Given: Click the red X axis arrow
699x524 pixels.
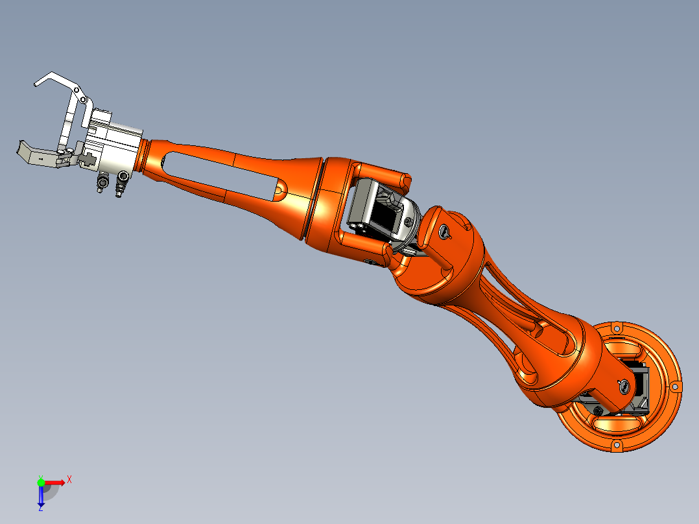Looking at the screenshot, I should pos(55,482).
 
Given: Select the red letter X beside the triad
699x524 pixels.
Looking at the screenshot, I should pos(69,479).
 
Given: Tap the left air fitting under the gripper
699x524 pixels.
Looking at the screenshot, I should pos(102,184).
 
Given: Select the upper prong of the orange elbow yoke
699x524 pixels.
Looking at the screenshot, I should pos(383,174).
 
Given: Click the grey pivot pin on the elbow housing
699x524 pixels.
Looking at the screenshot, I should pos(444,232).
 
